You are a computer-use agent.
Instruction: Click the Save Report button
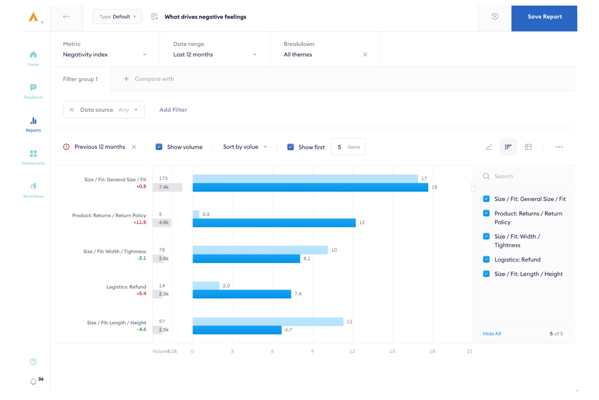544,17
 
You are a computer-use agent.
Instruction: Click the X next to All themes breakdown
365,54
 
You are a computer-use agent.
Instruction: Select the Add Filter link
173,110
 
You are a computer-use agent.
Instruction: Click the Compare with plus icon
126,79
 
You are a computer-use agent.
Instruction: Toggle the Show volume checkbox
159,147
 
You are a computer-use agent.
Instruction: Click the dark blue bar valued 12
274,223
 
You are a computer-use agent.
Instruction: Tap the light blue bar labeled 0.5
196,214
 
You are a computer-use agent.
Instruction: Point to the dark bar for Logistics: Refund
242,294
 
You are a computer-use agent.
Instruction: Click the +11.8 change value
140,222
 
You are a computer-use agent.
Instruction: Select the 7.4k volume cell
164,187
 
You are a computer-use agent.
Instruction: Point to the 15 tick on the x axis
392,351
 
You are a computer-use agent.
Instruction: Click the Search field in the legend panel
526,176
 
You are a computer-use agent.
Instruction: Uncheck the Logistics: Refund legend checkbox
486,259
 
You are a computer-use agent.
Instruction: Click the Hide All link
492,334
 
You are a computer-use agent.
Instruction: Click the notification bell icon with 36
34,382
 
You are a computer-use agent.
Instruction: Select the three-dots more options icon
559,147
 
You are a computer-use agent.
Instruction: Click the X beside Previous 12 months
134,147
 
